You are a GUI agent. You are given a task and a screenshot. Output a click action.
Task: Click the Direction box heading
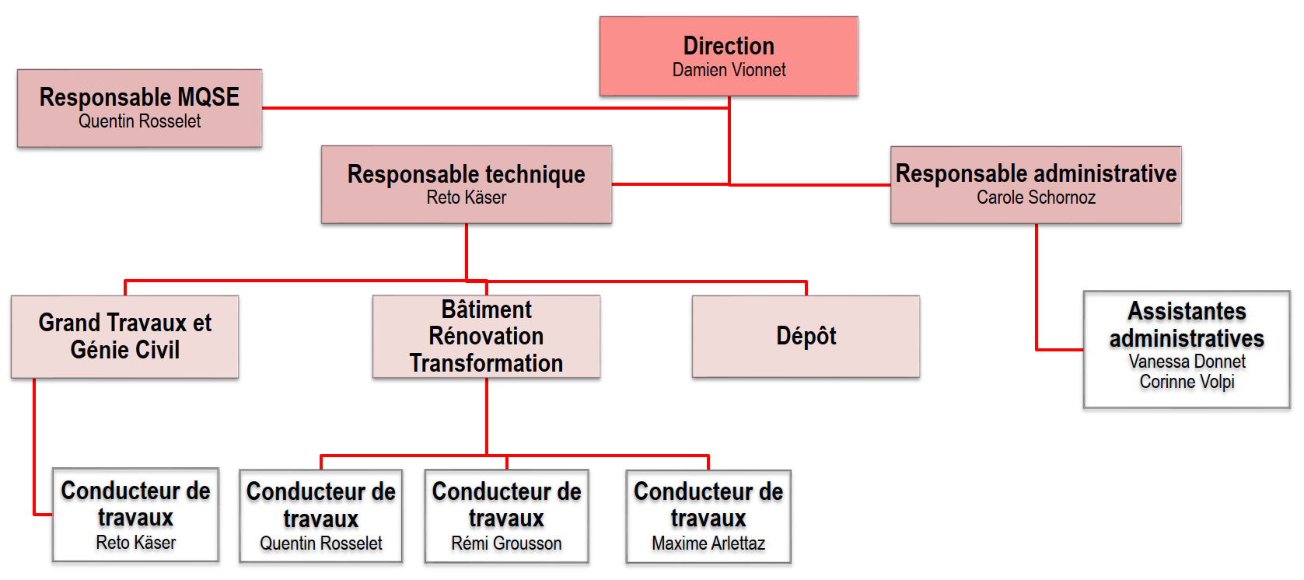(x=729, y=46)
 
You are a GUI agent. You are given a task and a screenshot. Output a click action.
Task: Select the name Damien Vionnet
(x=729, y=71)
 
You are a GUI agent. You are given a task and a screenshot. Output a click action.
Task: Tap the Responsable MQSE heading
(x=139, y=97)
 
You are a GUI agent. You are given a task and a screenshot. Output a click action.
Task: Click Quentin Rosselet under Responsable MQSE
(x=139, y=121)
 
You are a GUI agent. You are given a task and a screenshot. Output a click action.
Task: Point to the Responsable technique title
(x=467, y=174)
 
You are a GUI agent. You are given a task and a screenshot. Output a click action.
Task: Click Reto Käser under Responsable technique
(x=467, y=197)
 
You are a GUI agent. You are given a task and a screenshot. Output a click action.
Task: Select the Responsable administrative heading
(x=1037, y=173)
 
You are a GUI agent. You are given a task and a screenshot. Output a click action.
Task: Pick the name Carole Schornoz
(x=1037, y=197)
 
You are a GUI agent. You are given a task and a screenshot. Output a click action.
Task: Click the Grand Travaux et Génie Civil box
(x=124, y=337)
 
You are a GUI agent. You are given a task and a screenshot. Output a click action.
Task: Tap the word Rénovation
(x=486, y=336)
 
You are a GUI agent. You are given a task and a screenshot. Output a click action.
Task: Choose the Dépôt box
(x=806, y=337)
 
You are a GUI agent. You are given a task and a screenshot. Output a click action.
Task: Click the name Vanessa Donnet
(x=1187, y=362)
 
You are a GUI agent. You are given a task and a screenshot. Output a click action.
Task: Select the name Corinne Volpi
(x=1187, y=382)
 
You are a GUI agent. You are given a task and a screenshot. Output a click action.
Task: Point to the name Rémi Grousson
(x=506, y=543)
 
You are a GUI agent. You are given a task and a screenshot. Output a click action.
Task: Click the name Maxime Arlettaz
(x=708, y=543)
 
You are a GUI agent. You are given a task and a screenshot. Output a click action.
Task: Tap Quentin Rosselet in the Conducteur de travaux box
(x=321, y=543)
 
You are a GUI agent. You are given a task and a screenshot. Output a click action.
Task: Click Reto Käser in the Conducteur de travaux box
(x=135, y=542)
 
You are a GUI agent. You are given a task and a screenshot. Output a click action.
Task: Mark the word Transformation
(x=486, y=363)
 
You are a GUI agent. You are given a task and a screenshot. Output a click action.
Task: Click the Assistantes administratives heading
(x=1187, y=325)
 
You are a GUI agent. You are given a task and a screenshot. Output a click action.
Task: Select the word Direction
(x=729, y=46)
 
